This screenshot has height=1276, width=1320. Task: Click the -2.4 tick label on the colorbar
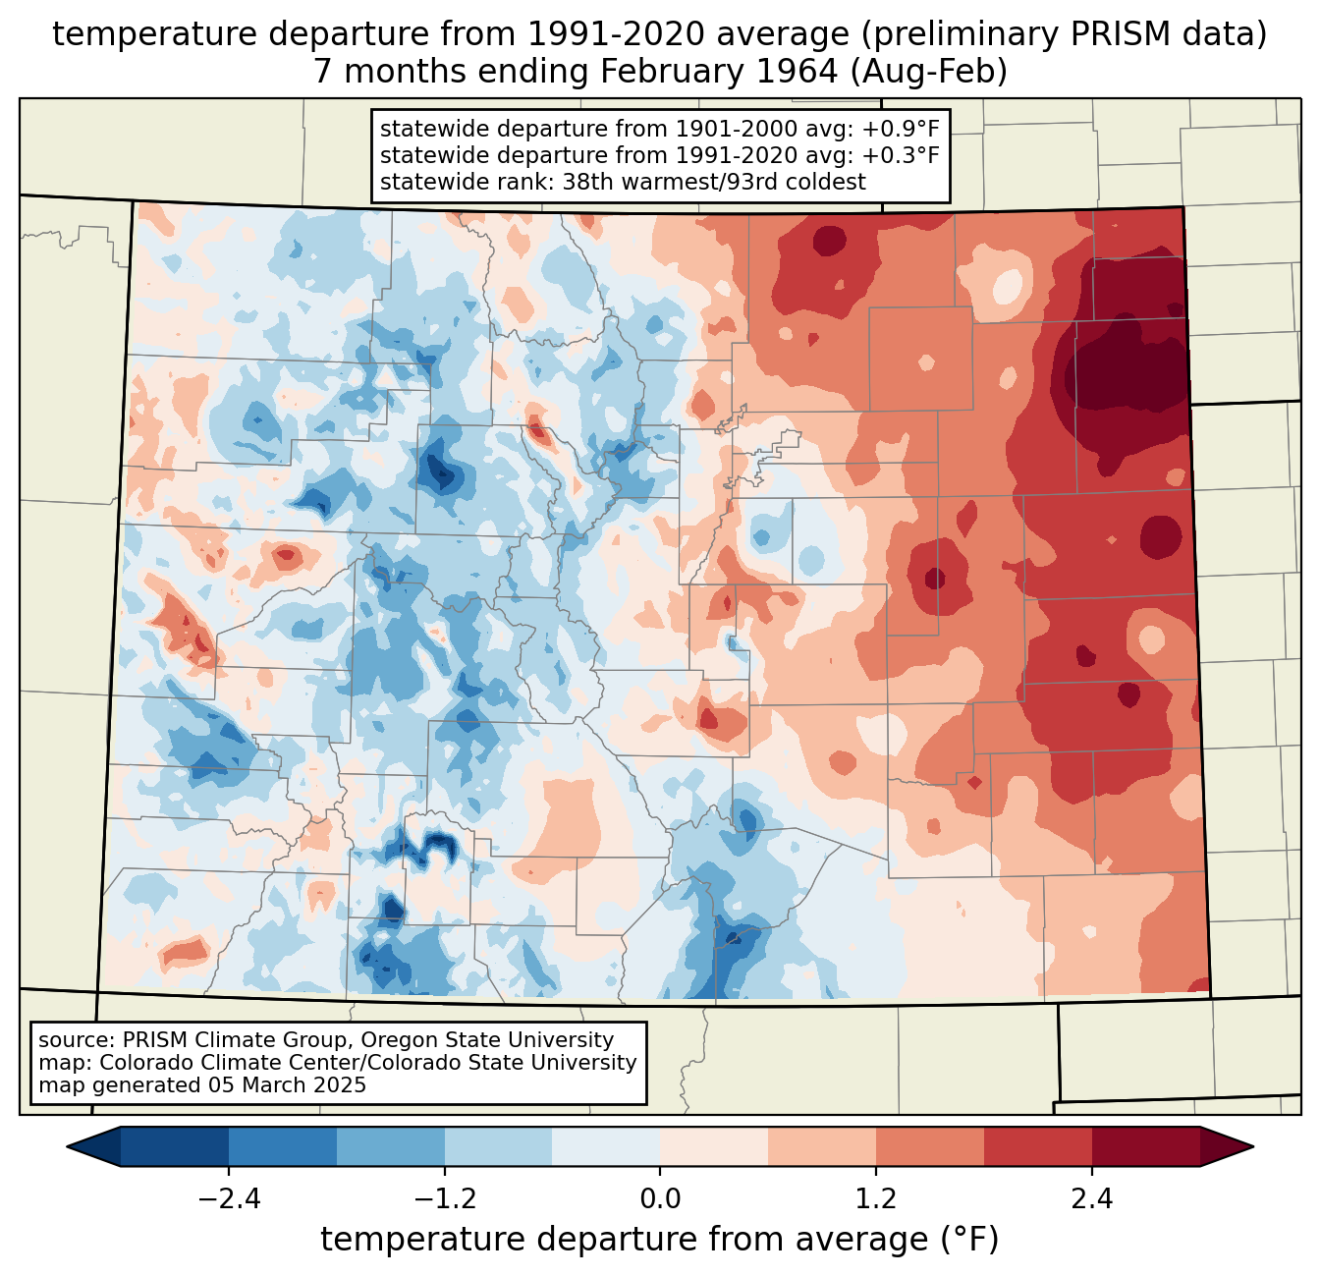click(x=228, y=1199)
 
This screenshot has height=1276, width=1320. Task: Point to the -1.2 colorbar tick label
click(x=444, y=1199)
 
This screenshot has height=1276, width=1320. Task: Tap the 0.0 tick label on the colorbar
click(x=660, y=1199)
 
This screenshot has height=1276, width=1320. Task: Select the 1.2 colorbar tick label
click(x=876, y=1199)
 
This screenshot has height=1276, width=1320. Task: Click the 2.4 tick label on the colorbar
click(x=1092, y=1199)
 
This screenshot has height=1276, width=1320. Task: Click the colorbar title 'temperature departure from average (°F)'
click(x=660, y=1240)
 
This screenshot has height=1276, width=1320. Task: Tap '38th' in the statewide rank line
click(x=587, y=182)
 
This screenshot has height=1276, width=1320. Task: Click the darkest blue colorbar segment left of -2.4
click(x=175, y=1146)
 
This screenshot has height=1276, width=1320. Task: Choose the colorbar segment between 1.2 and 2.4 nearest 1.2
click(x=930, y=1146)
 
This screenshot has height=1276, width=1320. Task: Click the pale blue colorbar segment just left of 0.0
click(x=606, y=1146)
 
